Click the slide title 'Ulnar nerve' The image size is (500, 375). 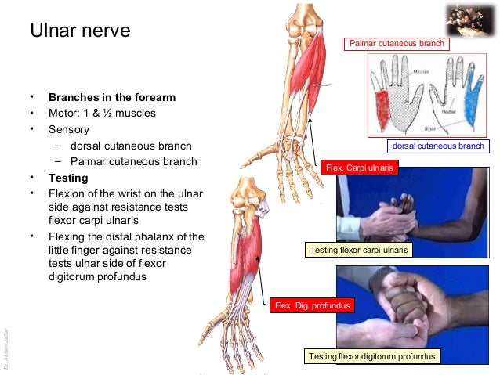pos(79,32)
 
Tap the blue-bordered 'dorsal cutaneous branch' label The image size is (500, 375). pos(438,146)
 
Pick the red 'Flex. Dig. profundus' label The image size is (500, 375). pos(310,305)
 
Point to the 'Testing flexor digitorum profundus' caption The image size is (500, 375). pos(371,356)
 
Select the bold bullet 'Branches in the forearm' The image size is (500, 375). pos(112,98)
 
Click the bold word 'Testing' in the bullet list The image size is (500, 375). pos(68,178)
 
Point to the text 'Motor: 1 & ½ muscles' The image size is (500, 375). pos(102,114)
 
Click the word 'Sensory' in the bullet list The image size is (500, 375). pos(69,129)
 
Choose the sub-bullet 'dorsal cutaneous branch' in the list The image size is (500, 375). pos(130,146)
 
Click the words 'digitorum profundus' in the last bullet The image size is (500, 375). pos(96,276)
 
